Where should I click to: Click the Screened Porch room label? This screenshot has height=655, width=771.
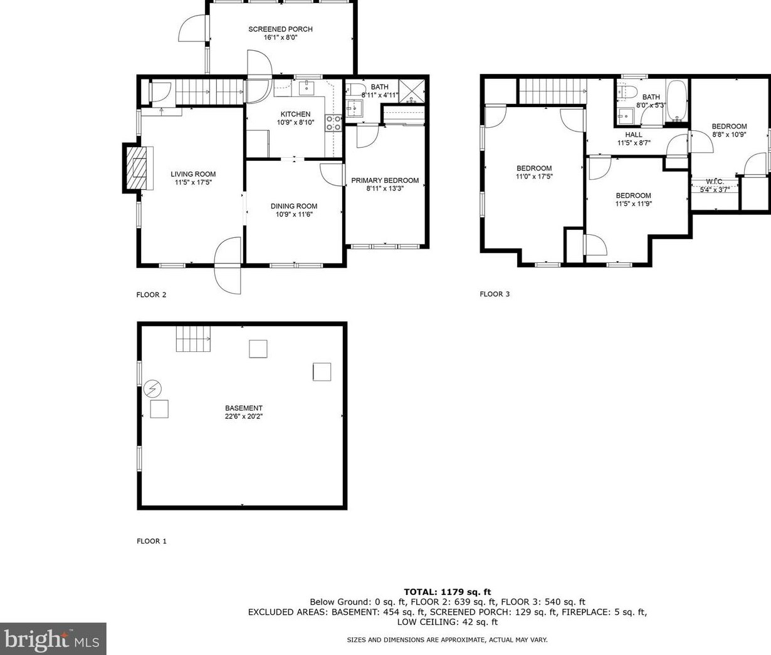click(x=280, y=29)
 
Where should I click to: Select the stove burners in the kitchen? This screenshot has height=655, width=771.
click(x=333, y=123)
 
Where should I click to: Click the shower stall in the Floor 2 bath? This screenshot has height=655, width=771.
click(x=412, y=89)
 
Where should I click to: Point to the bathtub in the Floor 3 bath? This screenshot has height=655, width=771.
click(x=677, y=100)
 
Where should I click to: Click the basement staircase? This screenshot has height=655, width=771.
click(x=193, y=339)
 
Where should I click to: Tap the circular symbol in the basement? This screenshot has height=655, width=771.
click(x=152, y=389)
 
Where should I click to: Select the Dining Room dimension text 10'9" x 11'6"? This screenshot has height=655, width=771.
click(x=294, y=214)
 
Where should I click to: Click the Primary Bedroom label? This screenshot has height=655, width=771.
click(x=385, y=180)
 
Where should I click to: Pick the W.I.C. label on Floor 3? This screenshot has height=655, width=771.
click(x=715, y=182)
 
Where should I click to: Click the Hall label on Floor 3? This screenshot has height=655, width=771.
click(x=633, y=135)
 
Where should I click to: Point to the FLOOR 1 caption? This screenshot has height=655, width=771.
click(x=152, y=541)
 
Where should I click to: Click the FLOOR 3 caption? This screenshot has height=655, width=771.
click(x=495, y=294)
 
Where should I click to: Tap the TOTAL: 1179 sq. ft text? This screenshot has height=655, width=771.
click(x=447, y=591)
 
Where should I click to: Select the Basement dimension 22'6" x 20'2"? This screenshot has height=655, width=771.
click(x=244, y=416)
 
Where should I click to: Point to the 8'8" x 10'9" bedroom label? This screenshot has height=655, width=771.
click(x=729, y=134)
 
